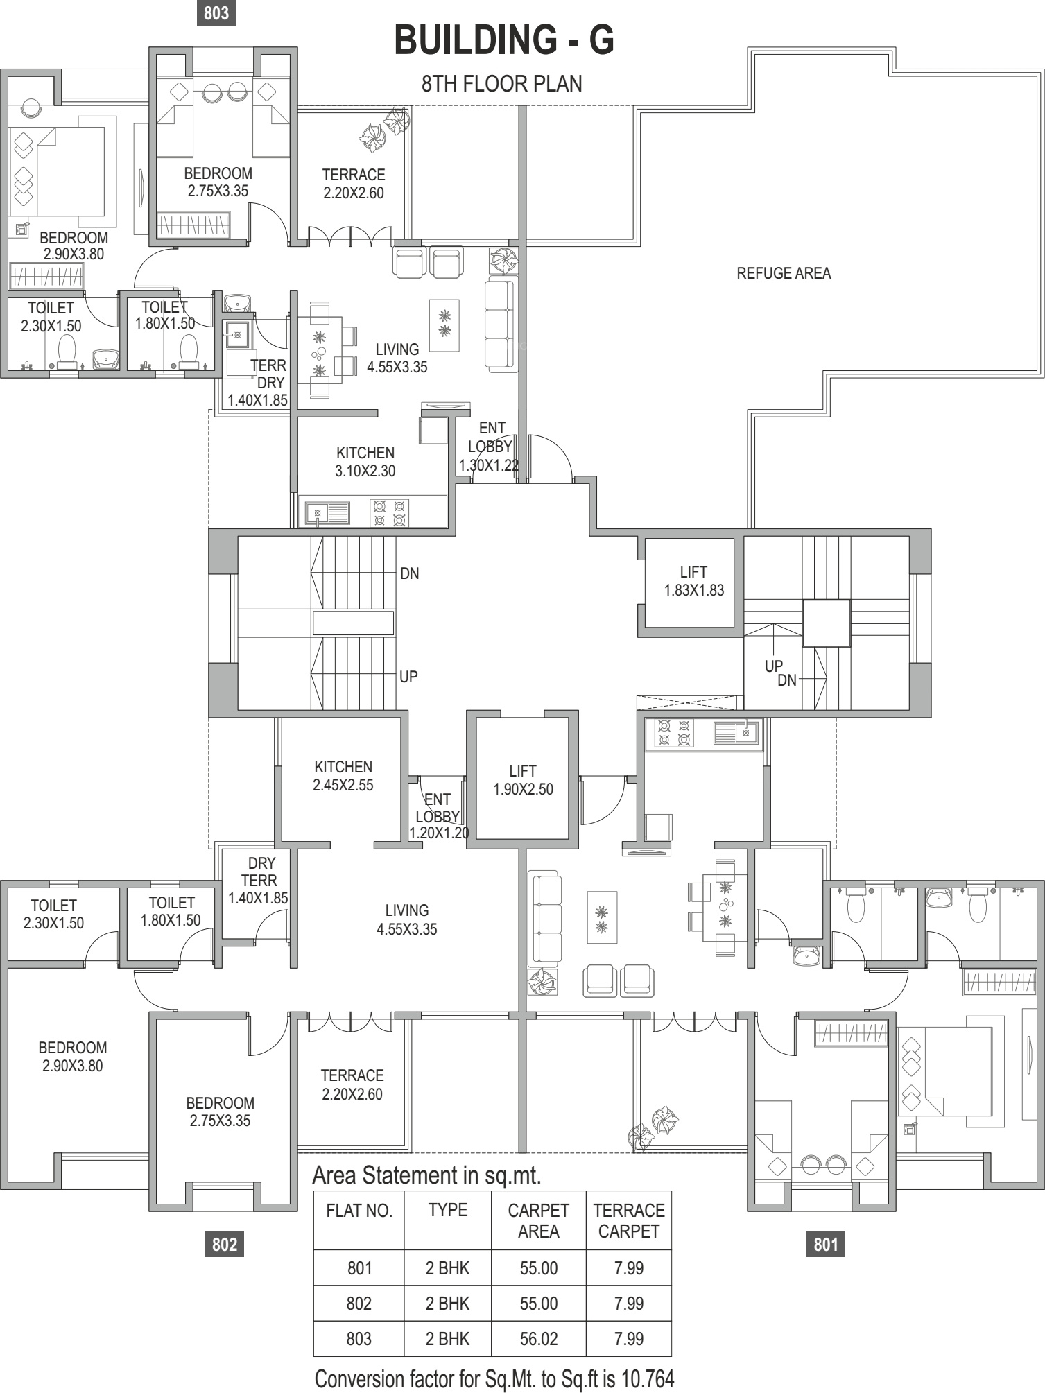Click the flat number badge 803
pyautogui.click(x=216, y=13)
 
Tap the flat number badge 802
pyautogui.click(x=225, y=1244)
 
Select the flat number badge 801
pyautogui.click(x=826, y=1244)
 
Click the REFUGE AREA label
pyautogui.click(x=784, y=273)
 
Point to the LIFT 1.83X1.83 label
pyautogui.click(x=693, y=581)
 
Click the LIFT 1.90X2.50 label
pyautogui.click(x=523, y=780)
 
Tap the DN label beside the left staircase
pyautogui.click(x=410, y=573)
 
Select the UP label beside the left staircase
pyautogui.click(x=408, y=676)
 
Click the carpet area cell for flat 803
pyautogui.click(x=538, y=1339)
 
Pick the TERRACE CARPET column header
pyautogui.click(x=629, y=1220)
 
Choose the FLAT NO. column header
pyautogui.click(x=359, y=1211)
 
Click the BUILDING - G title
pyautogui.click(x=504, y=40)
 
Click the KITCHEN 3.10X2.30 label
pyautogui.click(x=365, y=462)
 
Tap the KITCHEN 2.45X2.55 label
pyautogui.click(x=343, y=776)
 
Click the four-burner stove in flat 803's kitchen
pyautogui.click(x=390, y=513)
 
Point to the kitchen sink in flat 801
pyautogui.click(x=736, y=732)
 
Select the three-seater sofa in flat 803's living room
pyautogui.click(x=500, y=323)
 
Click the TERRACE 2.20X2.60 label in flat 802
pyautogui.click(x=352, y=1084)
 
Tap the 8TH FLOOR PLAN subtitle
pyautogui.click(x=502, y=84)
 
